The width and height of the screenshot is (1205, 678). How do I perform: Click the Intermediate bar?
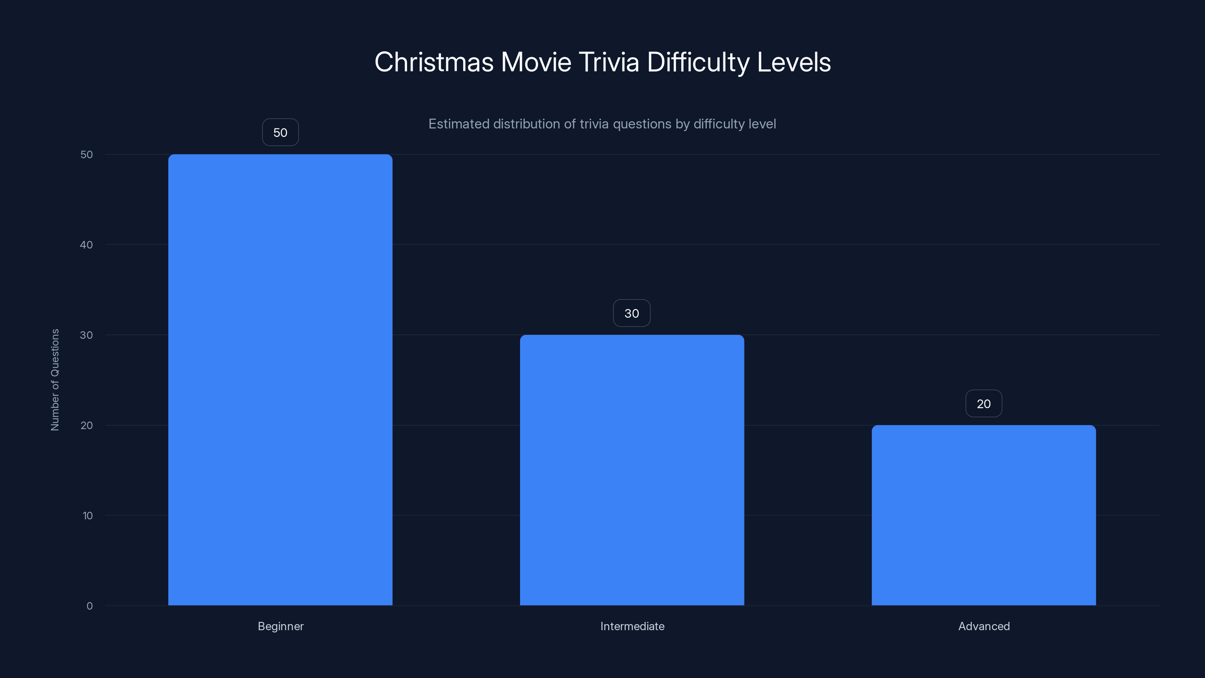pyautogui.click(x=631, y=470)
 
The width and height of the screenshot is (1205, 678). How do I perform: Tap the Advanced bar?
pyautogui.click(x=983, y=515)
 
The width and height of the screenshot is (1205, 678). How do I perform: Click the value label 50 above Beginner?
pyautogui.click(x=280, y=133)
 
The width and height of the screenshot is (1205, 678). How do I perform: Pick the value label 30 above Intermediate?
pyautogui.click(x=631, y=313)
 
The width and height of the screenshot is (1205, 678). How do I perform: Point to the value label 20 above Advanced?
pyautogui.click(x=983, y=403)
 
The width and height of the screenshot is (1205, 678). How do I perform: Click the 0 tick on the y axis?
pyautogui.click(x=89, y=606)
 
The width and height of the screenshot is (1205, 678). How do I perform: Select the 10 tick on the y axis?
pyautogui.click(x=87, y=516)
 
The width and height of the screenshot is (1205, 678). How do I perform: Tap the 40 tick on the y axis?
pyautogui.click(x=86, y=245)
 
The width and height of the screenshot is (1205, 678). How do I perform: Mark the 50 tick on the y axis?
pyautogui.click(x=87, y=154)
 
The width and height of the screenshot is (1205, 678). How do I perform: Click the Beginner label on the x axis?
pyautogui.click(x=281, y=626)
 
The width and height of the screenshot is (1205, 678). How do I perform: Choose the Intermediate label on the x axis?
pyautogui.click(x=632, y=626)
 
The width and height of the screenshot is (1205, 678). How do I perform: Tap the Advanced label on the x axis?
pyautogui.click(x=984, y=626)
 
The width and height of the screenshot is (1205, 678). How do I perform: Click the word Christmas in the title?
pyautogui.click(x=434, y=62)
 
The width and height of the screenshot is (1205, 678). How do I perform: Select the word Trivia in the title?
pyautogui.click(x=609, y=62)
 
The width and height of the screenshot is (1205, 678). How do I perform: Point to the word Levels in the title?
pyautogui.click(x=793, y=62)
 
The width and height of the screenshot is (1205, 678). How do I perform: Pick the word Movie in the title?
pyautogui.click(x=536, y=62)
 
